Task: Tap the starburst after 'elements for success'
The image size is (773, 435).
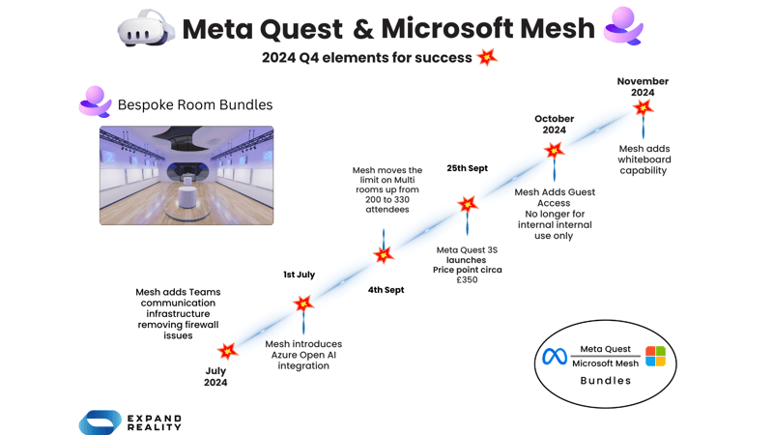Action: (487, 57)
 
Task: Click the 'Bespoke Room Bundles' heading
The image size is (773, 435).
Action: (194, 104)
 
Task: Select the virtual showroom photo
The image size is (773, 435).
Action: (186, 175)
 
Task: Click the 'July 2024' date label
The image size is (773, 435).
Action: (215, 376)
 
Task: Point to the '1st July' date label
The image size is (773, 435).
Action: (299, 275)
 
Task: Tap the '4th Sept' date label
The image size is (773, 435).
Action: (386, 290)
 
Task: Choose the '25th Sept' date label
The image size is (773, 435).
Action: (467, 168)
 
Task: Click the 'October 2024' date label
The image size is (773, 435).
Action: (554, 124)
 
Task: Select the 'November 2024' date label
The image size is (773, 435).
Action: (643, 87)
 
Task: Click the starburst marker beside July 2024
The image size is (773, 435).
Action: (228, 351)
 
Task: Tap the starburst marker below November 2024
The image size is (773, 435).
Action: (643, 109)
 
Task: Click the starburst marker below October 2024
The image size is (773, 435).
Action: (554, 151)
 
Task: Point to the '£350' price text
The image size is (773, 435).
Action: (467, 280)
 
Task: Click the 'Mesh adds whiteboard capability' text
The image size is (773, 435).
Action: (644, 159)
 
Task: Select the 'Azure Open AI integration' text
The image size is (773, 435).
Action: (303, 355)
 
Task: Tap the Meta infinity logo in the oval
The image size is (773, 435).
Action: (554, 358)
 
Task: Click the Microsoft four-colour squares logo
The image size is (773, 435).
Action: (655, 357)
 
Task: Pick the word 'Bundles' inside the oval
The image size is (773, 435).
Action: (605, 381)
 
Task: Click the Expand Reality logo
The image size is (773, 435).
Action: (130, 421)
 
